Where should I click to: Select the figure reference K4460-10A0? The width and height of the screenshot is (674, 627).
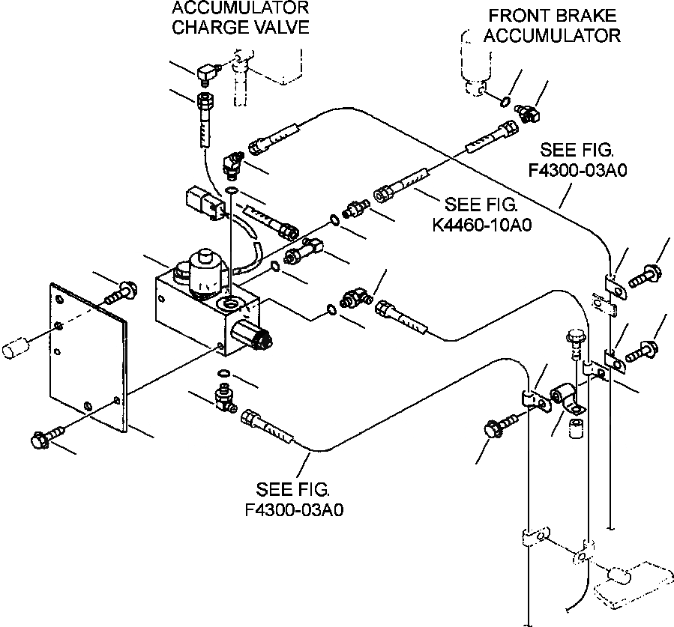tap(482, 225)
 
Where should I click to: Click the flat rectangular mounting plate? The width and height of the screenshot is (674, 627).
tap(89, 357)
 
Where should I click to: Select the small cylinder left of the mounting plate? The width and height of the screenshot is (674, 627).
tap(16, 347)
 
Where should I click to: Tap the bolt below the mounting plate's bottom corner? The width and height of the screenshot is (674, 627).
tap(47, 437)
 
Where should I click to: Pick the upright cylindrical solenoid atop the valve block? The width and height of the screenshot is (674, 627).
tap(205, 271)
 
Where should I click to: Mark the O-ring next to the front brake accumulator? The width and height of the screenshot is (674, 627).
tap(506, 102)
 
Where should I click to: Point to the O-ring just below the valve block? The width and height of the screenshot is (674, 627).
tap(224, 372)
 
